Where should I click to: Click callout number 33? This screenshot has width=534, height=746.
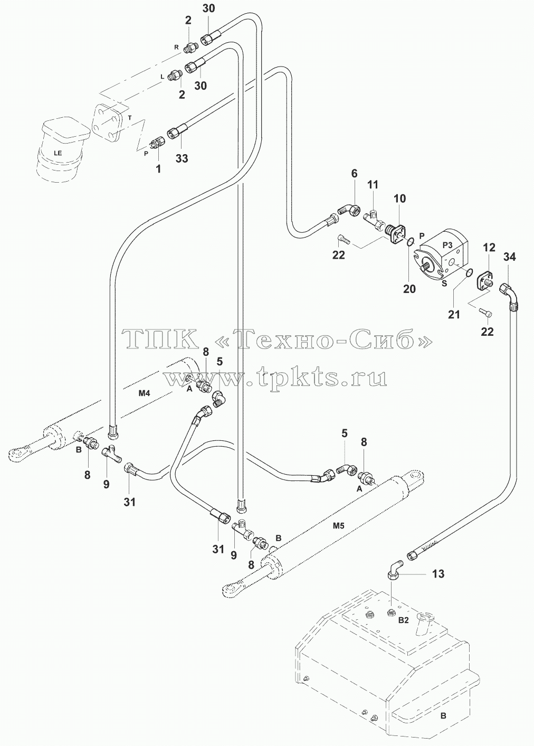coord(182,158)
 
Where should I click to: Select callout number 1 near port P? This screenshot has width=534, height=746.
coord(158,168)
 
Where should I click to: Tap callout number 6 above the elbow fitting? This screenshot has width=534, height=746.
coord(354,173)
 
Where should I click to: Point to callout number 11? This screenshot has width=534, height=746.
coord(373,184)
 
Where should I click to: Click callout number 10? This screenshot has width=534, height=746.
coord(400,199)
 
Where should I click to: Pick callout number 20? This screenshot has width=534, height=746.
coord(409,289)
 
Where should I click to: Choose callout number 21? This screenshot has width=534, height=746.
coord(454,314)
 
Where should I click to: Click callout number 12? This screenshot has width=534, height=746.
coord(489,247)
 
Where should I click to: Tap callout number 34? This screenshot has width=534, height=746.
coord(509,257)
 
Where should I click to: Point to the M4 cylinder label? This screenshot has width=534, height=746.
coord(144,393)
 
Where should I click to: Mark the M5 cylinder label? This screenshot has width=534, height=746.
coord(339,526)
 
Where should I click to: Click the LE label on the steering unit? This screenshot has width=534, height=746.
coord(58,153)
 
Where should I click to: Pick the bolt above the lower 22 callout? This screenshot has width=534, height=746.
coord(486,311)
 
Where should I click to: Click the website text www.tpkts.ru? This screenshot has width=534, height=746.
coord(275,378)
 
